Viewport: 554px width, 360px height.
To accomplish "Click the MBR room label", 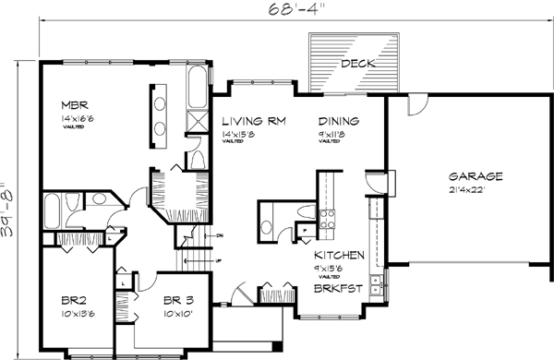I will (75, 104).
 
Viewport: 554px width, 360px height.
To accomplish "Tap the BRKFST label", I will (336, 287).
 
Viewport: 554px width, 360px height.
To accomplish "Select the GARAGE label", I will (476, 175).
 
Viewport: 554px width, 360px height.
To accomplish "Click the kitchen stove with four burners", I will (327, 219).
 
